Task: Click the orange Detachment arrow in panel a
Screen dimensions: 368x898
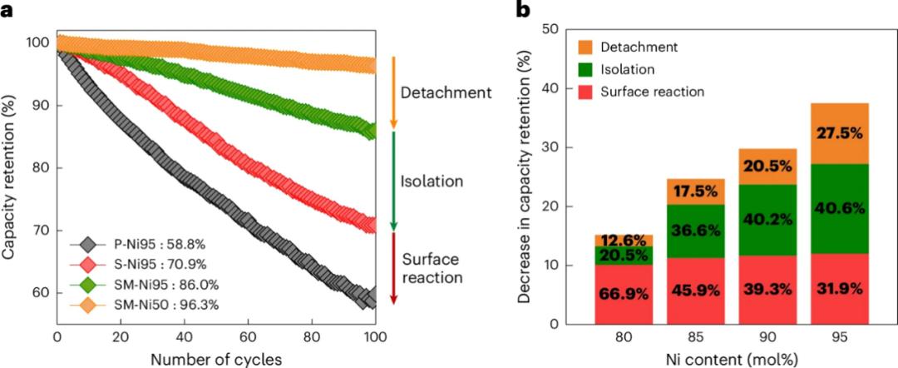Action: pyautogui.click(x=393, y=92)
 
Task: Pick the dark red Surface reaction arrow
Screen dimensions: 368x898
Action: pyautogui.click(x=393, y=267)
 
